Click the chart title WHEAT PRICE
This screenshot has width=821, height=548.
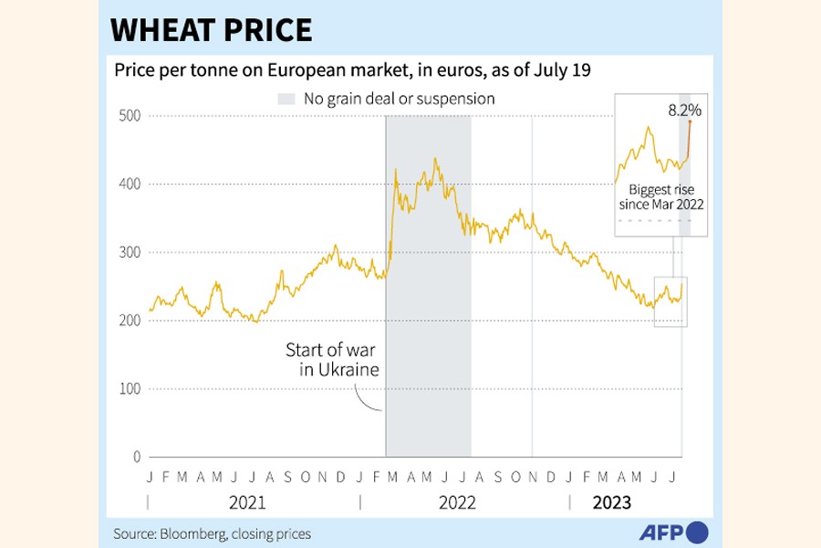pyautogui.click(x=212, y=30)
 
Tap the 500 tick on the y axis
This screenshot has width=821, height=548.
pyautogui.click(x=130, y=115)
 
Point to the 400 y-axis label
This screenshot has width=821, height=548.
pyautogui.click(x=130, y=184)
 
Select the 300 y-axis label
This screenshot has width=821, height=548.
pyautogui.click(x=130, y=252)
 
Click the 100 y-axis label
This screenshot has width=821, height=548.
pyautogui.click(x=130, y=389)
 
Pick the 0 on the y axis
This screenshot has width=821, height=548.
pyautogui.click(x=138, y=457)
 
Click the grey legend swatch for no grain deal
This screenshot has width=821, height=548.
pyautogui.click(x=286, y=99)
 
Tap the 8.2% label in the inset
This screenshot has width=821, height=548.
pyautogui.click(x=684, y=111)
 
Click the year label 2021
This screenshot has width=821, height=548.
pyautogui.click(x=247, y=502)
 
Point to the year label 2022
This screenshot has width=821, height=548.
pyautogui.click(x=457, y=502)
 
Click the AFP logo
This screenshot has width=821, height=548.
pyautogui.click(x=672, y=532)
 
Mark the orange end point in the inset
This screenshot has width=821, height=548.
pyautogui.click(x=690, y=122)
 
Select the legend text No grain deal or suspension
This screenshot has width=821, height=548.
pyautogui.click(x=400, y=99)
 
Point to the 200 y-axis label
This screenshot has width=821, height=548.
pyautogui.click(x=130, y=321)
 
